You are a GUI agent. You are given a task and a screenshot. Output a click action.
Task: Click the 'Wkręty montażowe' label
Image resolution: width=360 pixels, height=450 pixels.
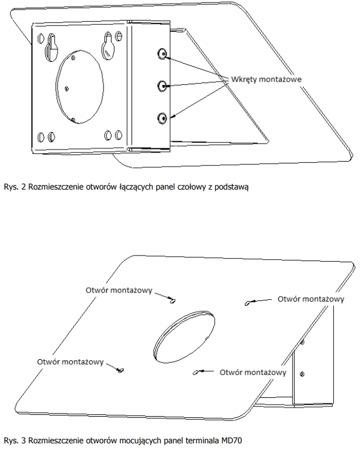[x=266, y=79]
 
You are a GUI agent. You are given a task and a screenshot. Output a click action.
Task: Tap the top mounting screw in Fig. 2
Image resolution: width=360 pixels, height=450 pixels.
[x=162, y=54]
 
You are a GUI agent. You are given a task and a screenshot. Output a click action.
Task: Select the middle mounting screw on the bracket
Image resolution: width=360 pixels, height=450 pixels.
[x=162, y=85]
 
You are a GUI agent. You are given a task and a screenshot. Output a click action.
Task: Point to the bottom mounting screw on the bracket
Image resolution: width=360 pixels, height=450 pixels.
[x=162, y=118]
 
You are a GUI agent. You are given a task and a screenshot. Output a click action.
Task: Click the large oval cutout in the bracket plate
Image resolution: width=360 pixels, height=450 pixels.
[x=79, y=87]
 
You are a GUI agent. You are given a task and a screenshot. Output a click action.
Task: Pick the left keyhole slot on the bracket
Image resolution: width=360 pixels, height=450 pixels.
[x=51, y=47]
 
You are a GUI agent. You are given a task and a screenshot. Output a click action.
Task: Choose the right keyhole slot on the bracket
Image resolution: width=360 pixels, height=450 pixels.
[x=108, y=46]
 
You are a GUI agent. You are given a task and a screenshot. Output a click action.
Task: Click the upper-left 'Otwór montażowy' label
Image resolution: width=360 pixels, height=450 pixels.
[x=119, y=291]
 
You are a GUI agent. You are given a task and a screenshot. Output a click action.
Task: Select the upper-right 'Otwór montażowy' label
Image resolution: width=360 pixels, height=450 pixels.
[x=311, y=299]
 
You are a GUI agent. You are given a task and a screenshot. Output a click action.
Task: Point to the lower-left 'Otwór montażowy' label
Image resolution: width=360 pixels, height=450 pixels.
[x=70, y=362]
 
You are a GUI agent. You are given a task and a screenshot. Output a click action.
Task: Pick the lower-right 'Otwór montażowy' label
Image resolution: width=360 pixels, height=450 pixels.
[x=253, y=372]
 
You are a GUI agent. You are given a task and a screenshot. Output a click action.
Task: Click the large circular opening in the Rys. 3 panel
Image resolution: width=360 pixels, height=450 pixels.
[x=184, y=337]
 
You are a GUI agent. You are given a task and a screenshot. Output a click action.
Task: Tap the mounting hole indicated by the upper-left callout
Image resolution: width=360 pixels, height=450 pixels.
[x=172, y=301]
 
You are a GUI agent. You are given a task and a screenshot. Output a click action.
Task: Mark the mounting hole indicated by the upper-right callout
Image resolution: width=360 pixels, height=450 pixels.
[x=247, y=303]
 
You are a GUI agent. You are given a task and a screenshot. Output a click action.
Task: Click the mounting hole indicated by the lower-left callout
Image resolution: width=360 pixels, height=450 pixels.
[x=120, y=370]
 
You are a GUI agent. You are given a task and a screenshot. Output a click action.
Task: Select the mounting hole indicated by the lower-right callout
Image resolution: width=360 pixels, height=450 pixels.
[x=196, y=372]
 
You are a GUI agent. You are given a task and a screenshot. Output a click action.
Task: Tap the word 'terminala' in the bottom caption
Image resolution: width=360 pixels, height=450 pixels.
[x=202, y=440]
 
